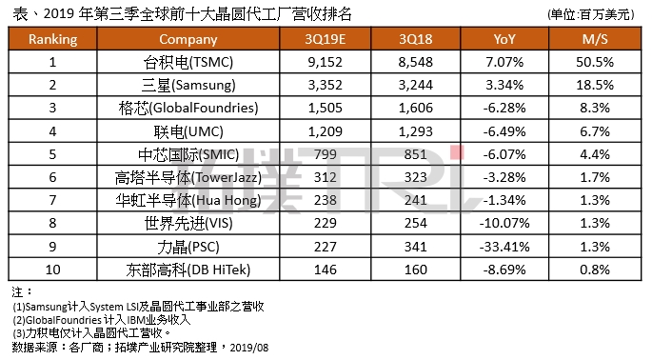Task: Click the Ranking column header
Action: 52,39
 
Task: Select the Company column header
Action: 188,39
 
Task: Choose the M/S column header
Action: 595,39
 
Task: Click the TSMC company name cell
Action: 188,62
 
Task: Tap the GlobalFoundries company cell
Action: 188,107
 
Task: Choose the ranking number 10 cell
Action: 52,270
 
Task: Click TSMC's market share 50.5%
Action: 595,62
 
